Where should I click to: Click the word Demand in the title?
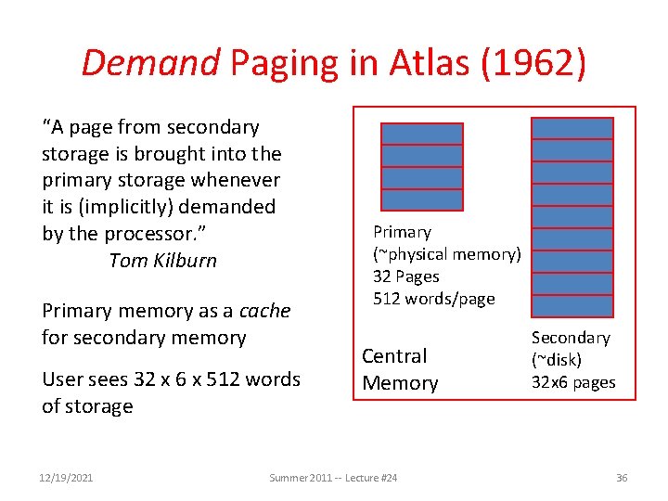150,63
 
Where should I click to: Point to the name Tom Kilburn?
162,261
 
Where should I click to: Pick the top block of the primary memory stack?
421,134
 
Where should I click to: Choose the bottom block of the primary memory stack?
421,199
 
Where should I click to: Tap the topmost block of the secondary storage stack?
572,128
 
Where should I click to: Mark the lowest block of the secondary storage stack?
572,306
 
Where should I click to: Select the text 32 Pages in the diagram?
406,276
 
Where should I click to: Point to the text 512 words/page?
433,299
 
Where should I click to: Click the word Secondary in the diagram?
571,339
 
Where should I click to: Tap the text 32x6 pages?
573,382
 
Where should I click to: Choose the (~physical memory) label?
447,254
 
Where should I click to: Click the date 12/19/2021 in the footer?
67,478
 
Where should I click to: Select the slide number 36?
622,478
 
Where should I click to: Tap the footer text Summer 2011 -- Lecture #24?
333,478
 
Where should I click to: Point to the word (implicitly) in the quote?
119,207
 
